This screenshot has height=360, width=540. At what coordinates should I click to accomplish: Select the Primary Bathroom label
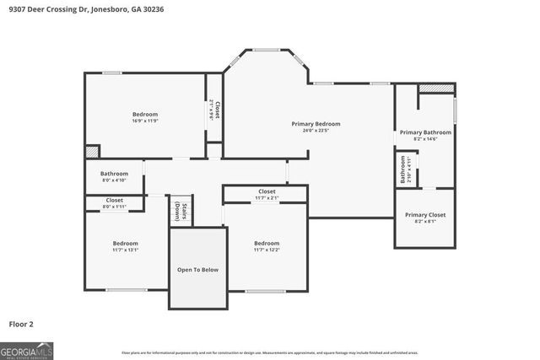(x=425, y=132)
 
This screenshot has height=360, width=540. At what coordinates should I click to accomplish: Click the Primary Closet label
(x=425, y=214)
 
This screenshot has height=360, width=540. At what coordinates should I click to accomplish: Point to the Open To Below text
(x=197, y=270)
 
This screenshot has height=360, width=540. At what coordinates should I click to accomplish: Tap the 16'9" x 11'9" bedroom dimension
(x=145, y=121)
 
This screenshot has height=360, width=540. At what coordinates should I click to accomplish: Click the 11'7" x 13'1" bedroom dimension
(x=126, y=250)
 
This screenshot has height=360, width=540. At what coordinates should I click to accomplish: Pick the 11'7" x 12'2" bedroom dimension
(x=267, y=250)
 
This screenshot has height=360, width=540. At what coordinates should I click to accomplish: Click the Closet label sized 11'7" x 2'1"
(x=267, y=191)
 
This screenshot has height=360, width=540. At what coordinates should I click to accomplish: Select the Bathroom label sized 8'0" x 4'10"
(x=114, y=174)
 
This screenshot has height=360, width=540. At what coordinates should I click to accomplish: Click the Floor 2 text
(x=22, y=323)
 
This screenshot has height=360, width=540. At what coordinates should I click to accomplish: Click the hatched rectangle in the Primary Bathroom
(x=436, y=88)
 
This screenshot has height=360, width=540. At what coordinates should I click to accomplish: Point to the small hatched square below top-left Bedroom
(x=91, y=151)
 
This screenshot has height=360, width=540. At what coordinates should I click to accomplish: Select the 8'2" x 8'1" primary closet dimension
(x=425, y=222)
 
